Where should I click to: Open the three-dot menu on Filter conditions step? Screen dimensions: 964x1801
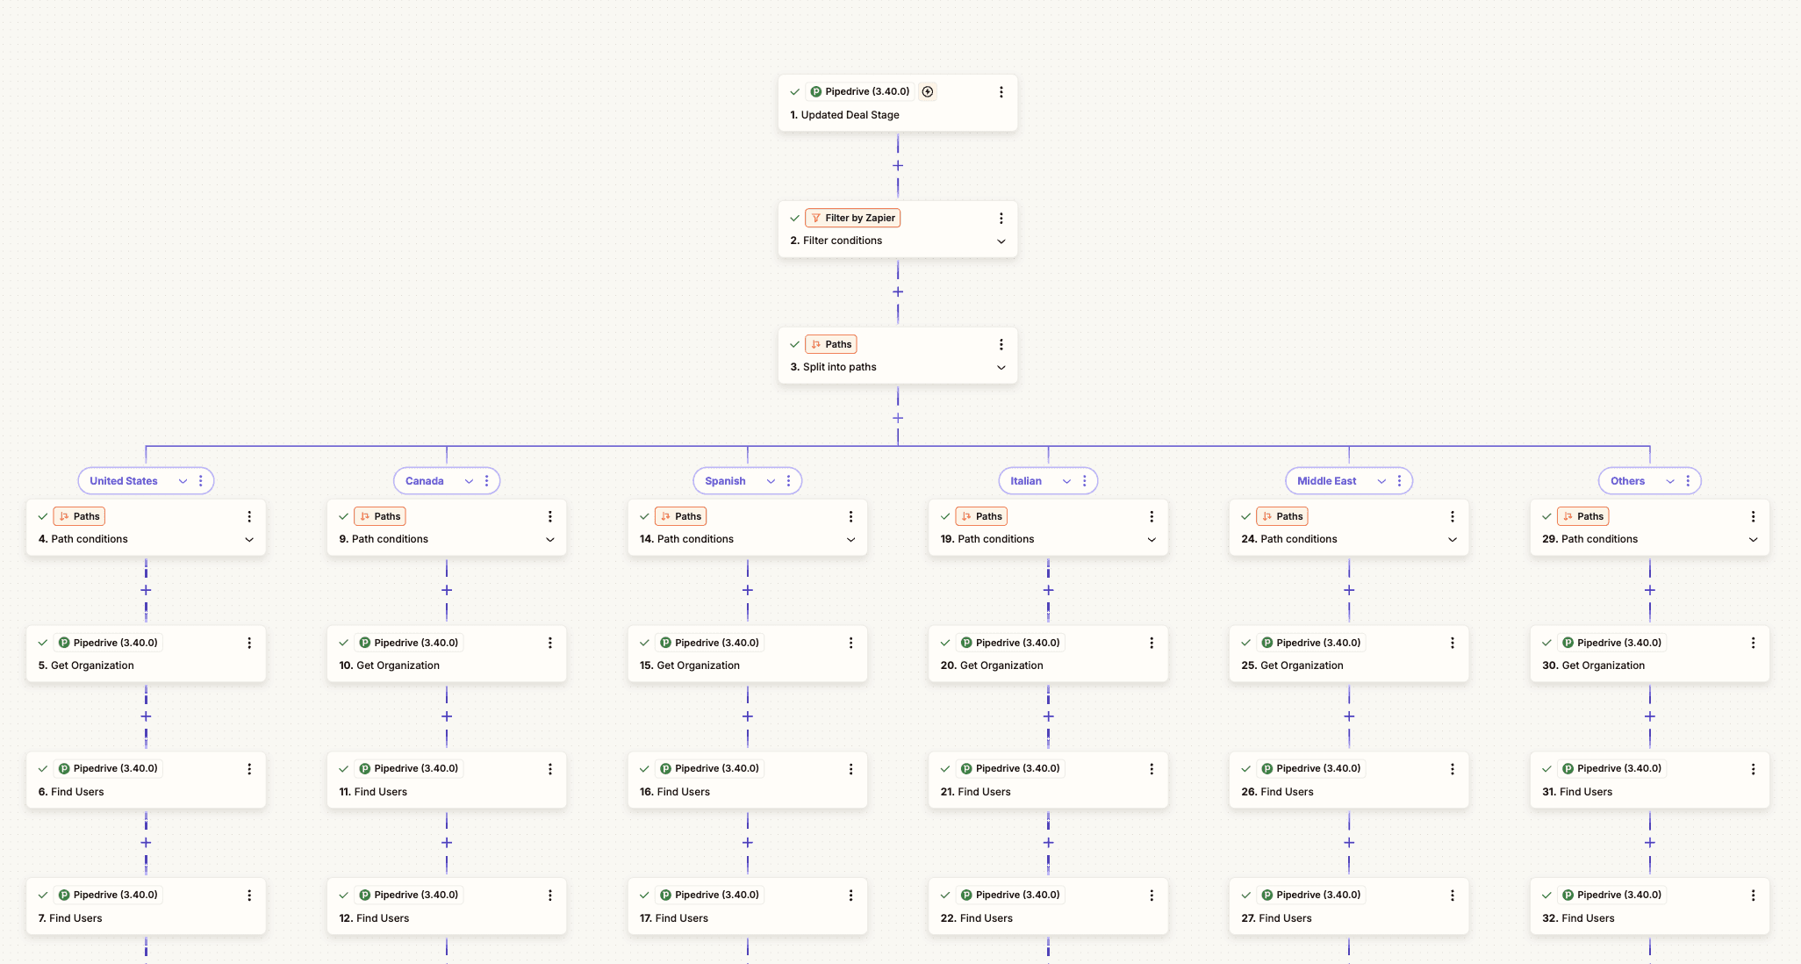click(1001, 218)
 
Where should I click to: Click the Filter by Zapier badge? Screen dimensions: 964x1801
click(852, 218)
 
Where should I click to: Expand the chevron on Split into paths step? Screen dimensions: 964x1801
click(1001, 368)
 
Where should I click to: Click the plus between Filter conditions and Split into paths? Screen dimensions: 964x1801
click(898, 292)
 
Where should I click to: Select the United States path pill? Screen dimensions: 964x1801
click(124, 481)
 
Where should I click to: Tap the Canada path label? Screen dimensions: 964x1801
click(424, 481)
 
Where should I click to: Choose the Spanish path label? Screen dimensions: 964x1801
click(725, 481)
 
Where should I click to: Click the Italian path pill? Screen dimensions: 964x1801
click(1026, 481)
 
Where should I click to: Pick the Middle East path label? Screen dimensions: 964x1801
click(1326, 481)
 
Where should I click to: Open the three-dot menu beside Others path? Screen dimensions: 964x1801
click(1688, 481)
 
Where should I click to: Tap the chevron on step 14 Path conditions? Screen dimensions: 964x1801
click(850, 540)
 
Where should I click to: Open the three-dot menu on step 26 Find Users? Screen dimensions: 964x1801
click(1453, 769)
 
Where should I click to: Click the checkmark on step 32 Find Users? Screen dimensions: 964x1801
click(1546, 896)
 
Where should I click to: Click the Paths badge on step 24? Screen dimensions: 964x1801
click(1282, 516)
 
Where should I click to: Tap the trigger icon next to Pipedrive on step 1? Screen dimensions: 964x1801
click(928, 91)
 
